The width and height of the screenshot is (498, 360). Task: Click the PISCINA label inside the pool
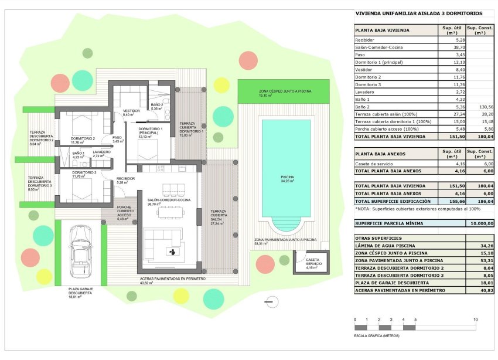point(286,178)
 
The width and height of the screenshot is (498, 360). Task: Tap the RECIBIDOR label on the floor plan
point(125,179)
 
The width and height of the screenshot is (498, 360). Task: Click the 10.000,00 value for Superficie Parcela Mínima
point(481,223)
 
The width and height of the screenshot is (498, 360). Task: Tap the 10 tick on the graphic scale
point(475,320)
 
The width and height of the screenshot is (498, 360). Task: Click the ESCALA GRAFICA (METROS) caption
point(376,336)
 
